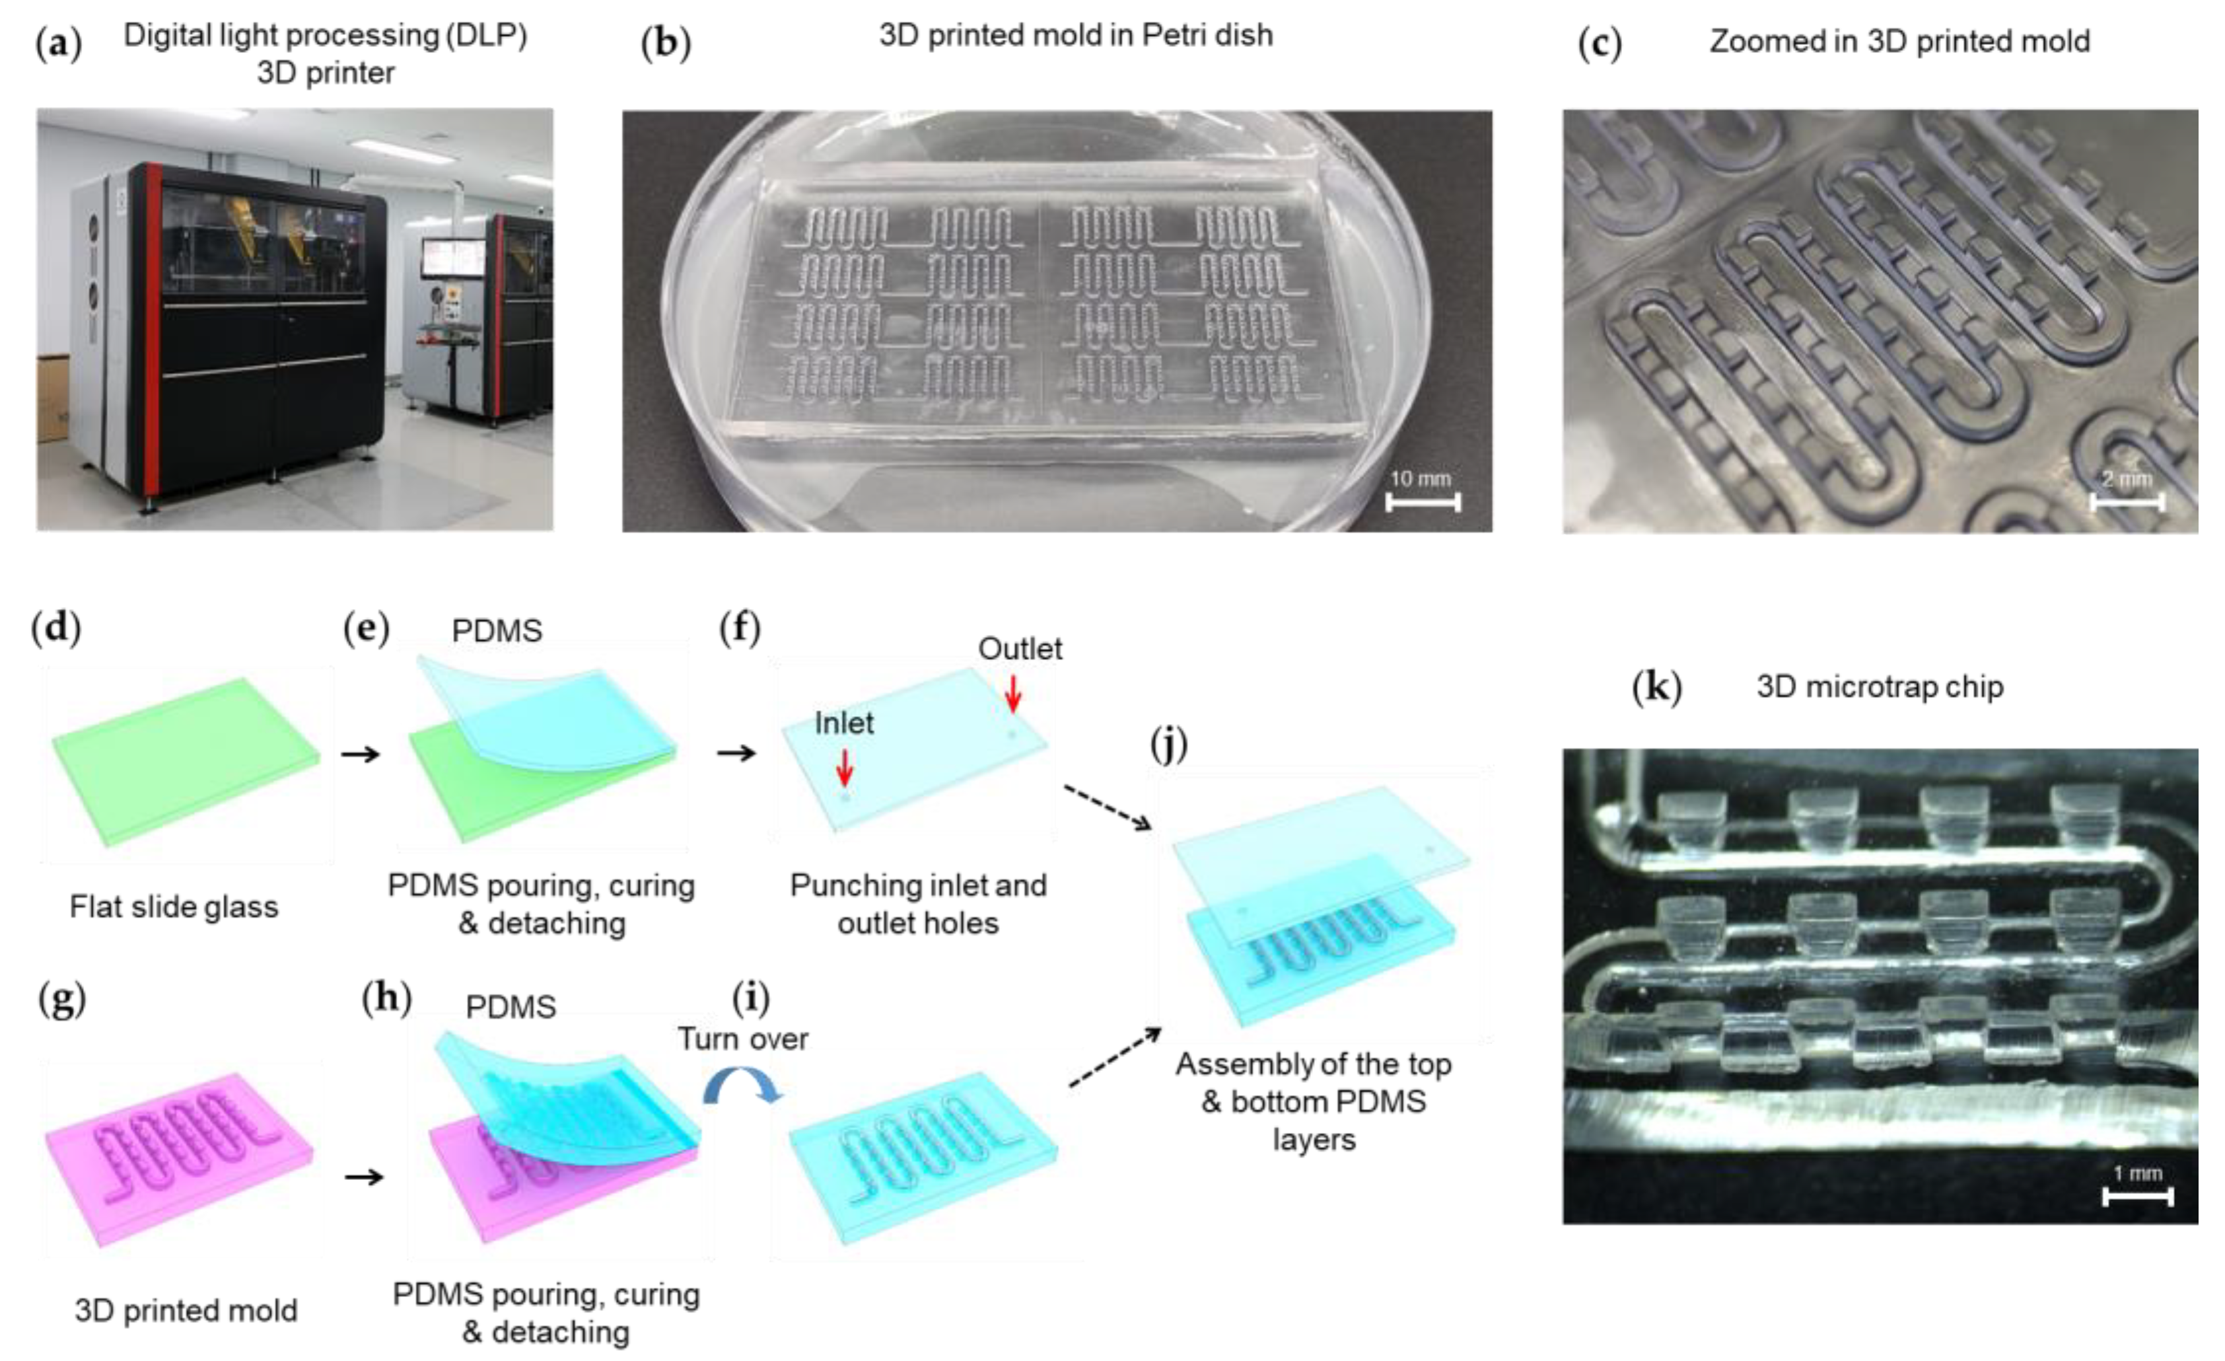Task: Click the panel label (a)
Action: coord(58,42)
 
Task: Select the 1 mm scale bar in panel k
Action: coord(2137,1196)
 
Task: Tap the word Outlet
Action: coord(1020,648)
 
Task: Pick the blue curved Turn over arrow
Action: coord(742,1086)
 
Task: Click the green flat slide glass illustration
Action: coord(185,761)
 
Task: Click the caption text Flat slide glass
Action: coord(174,906)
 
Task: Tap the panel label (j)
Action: coord(1170,744)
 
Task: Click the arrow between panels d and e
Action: coord(361,753)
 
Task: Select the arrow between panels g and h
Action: coord(364,1176)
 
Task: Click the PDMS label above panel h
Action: coord(511,1006)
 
